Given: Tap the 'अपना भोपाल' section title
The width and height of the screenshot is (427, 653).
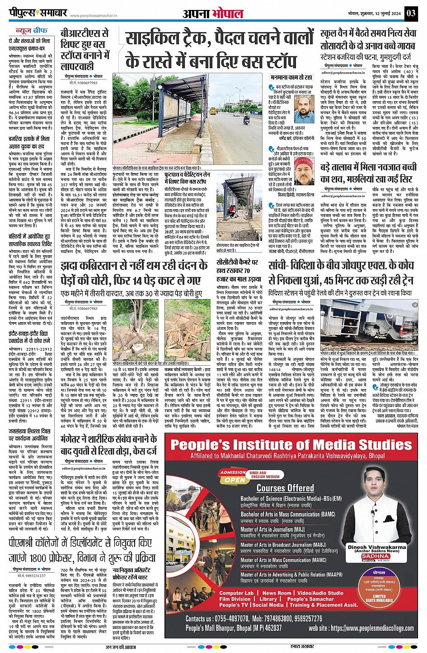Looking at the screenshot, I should click(213, 14).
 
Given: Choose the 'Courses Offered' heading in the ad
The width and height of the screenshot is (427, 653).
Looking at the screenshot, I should click(285, 488).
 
